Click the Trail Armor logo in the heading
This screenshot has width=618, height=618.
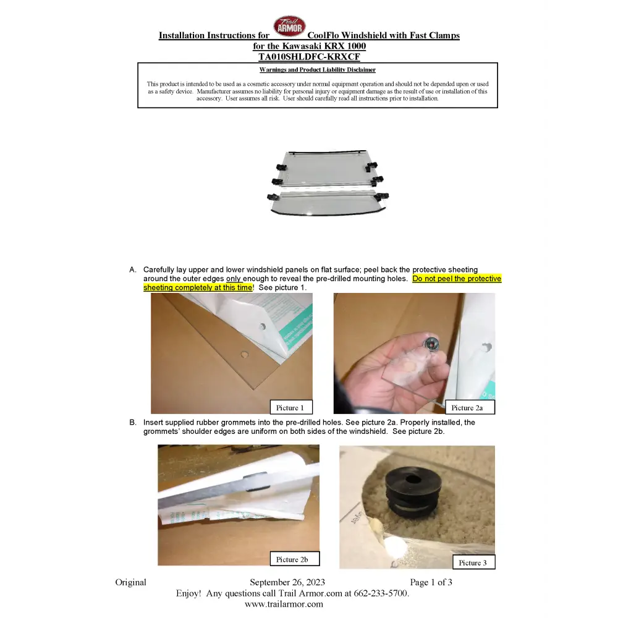click(x=290, y=27)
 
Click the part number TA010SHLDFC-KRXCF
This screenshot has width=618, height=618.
click(x=309, y=57)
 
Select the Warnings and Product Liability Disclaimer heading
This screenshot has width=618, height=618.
click(x=317, y=70)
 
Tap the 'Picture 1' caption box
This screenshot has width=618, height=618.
click(x=291, y=407)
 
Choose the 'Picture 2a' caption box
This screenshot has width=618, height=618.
click(x=470, y=407)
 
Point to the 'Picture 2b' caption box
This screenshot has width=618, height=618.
click(x=294, y=559)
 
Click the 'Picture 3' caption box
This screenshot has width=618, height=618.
click(x=474, y=562)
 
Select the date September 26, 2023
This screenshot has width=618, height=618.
click(x=287, y=582)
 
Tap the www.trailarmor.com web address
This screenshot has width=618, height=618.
click(x=284, y=604)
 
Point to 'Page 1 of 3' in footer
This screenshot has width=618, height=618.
click(x=431, y=582)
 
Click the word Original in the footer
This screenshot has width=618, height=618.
click(x=130, y=582)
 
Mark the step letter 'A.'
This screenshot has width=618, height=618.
click(x=133, y=269)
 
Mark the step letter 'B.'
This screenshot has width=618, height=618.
click(x=133, y=422)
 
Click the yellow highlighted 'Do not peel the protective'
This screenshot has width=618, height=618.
click(x=457, y=279)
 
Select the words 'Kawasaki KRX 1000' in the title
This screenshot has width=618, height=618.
click(x=324, y=46)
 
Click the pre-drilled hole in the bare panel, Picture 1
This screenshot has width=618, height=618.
click(x=245, y=354)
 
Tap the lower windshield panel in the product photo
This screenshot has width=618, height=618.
click(x=327, y=202)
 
